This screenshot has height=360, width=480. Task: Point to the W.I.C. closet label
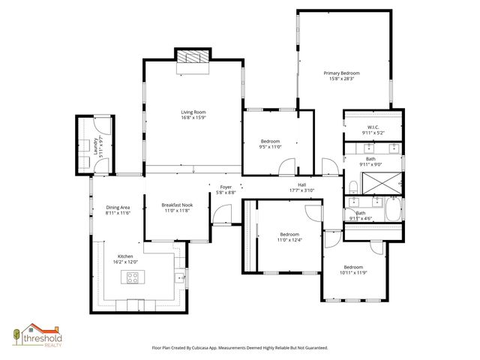(x=372, y=127)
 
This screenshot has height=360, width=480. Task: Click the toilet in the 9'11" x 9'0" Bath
(x=352, y=185)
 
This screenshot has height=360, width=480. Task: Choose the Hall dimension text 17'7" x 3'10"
(x=301, y=190)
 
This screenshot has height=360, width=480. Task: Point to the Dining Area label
(x=118, y=207)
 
